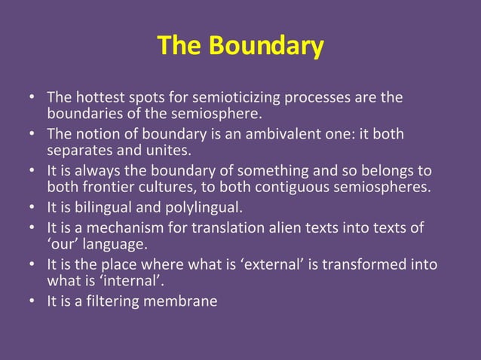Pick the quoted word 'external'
(x=283, y=264)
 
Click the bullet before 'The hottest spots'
(x=34, y=98)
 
